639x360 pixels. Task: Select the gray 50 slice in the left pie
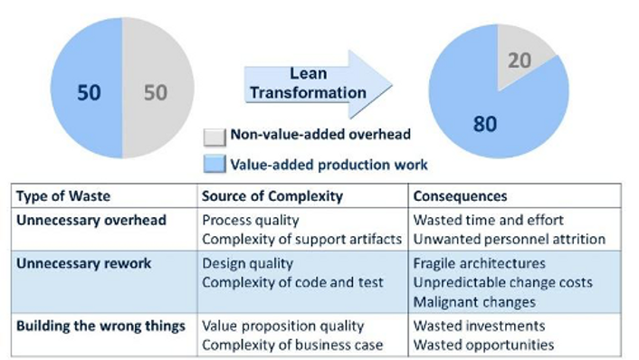156,92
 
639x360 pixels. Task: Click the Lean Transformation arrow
312,83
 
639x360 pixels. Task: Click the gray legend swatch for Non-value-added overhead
214,137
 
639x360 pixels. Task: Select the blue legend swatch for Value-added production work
214,165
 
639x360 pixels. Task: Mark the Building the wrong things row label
100,326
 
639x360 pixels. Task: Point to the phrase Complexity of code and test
293,283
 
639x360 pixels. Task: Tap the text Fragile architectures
480,264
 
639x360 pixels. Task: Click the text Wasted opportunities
483,345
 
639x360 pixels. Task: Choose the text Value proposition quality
282,326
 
